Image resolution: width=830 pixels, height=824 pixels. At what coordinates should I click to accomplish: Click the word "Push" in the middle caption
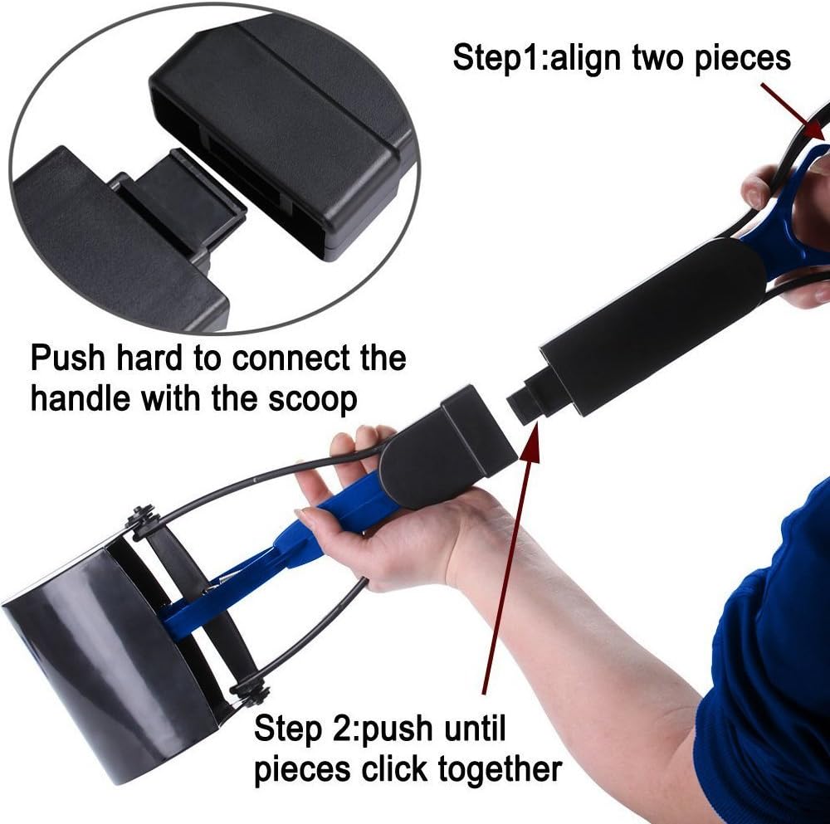[x=69, y=359]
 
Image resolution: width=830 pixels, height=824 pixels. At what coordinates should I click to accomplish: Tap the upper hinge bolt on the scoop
[x=142, y=519]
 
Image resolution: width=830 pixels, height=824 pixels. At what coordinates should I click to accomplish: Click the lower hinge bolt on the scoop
[x=251, y=688]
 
